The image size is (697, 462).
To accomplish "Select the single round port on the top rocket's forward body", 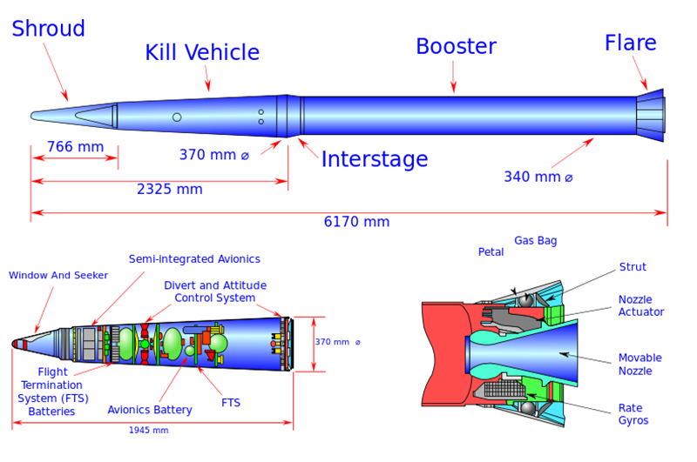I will (x=177, y=117).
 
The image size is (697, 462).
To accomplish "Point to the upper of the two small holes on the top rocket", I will (x=261, y=112).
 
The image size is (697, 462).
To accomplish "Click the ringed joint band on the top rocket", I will (x=290, y=115).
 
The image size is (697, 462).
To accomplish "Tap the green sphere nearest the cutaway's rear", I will (x=219, y=343).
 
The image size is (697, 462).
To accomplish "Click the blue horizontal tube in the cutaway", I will (x=197, y=328).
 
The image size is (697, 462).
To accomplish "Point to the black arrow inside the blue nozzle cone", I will (x=567, y=354).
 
